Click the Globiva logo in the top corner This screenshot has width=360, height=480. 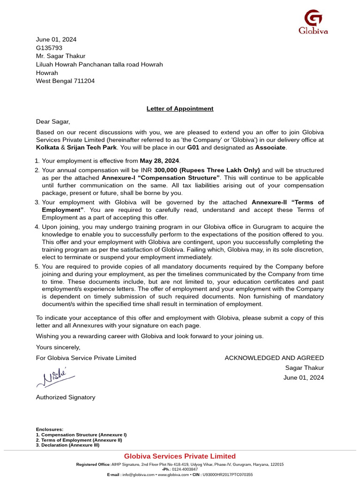click(313, 22)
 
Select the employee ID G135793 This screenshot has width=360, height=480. click(49, 48)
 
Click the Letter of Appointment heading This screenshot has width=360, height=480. click(180, 109)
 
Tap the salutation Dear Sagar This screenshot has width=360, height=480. click(53, 122)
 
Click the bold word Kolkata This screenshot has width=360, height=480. click(48, 148)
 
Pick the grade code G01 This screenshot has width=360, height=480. click(193, 148)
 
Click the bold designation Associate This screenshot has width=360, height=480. click(270, 148)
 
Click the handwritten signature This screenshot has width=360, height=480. click(55, 377)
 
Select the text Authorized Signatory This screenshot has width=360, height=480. click(66, 397)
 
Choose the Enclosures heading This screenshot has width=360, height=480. click(50, 429)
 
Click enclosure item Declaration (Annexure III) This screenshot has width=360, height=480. click(70, 445)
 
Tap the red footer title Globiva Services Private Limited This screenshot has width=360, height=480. click(180, 457)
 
